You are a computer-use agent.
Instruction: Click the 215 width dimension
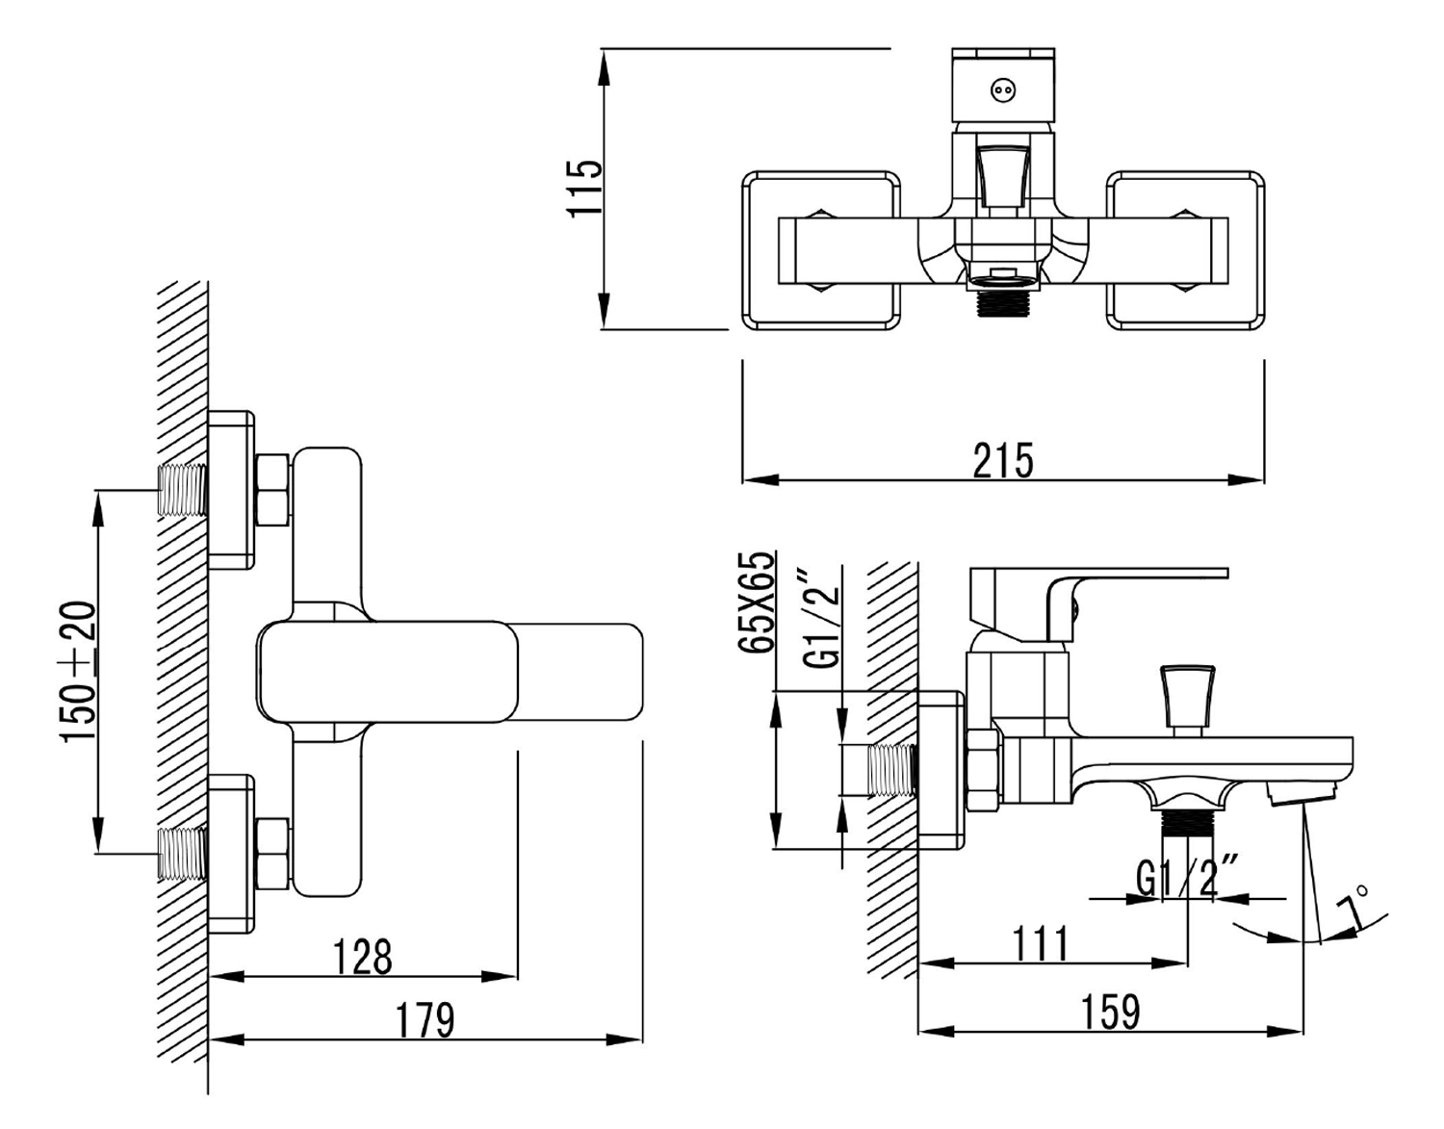click(x=1002, y=460)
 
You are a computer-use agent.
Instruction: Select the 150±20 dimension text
click(x=80, y=670)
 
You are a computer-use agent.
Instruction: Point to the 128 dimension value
click(x=362, y=957)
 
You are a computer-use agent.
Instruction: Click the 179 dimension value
click(x=425, y=1020)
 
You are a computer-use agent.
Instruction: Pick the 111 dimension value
click(x=1041, y=944)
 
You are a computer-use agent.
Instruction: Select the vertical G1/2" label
click(x=823, y=615)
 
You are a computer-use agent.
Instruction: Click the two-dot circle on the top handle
click(x=1003, y=90)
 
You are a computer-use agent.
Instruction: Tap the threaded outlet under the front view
click(x=1002, y=303)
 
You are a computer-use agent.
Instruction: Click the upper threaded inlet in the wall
click(x=183, y=489)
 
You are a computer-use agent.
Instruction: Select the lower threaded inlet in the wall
click(x=183, y=853)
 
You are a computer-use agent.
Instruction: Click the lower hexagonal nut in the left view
click(x=273, y=852)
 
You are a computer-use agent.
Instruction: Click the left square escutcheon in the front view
click(x=819, y=250)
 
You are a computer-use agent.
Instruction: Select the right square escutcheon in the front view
click(x=1185, y=250)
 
